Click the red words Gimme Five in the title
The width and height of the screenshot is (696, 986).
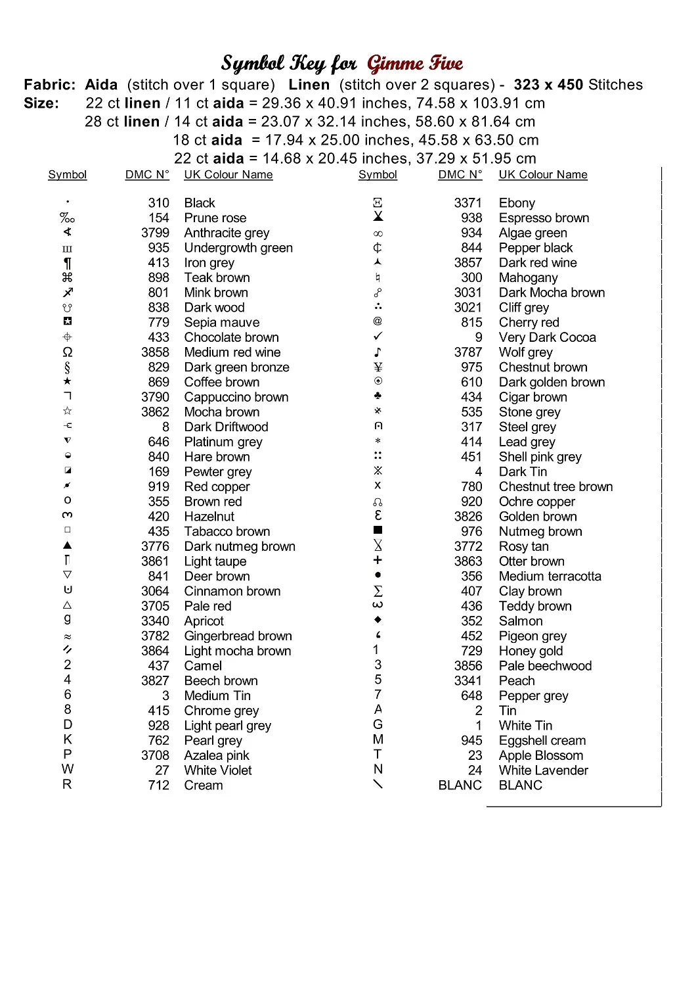(415, 64)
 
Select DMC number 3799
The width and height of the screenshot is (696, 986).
(155, 233)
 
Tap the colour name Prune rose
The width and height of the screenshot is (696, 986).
(215, 218)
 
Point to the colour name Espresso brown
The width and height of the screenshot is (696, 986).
(544, 218)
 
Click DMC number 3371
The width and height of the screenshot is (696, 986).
(468, 203)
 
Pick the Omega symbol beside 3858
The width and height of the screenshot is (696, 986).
(68, 352)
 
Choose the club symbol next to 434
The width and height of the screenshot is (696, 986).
(378, 396)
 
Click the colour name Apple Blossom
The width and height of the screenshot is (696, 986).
(541, 755)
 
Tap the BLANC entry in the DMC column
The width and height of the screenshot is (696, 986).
(460, 785)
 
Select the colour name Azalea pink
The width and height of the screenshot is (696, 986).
(217, 755)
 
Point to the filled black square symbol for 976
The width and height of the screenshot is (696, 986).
(378, 530)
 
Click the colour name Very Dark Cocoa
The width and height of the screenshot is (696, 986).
(547, 337)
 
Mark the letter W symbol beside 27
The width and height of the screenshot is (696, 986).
(68, 769)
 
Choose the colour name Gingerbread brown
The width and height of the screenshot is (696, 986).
(238, 636)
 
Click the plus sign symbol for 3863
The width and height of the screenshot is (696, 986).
(378, 560)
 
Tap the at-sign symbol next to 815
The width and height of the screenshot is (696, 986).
(378, 321)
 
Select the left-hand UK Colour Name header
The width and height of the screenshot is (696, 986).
(228, 174)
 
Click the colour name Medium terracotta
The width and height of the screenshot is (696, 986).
(550, 576)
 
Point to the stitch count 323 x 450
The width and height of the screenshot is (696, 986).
(548, 85)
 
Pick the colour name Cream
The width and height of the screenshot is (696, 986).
(204, 785)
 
